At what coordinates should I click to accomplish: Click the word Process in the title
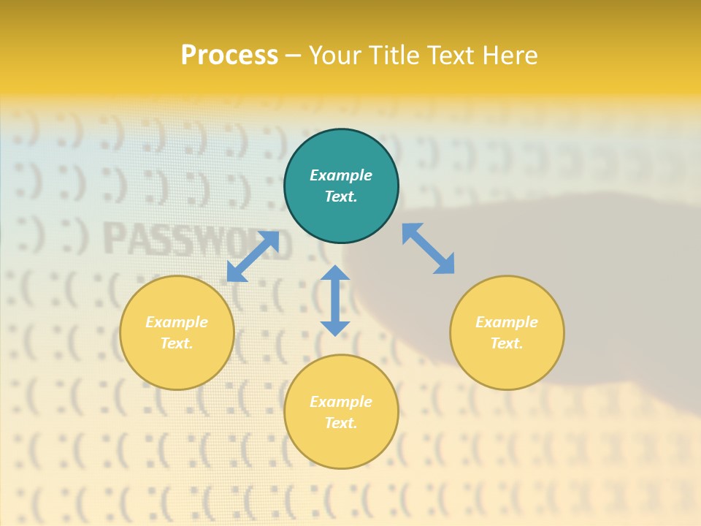pos(229,56)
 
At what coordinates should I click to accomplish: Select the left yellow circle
pos(177,365)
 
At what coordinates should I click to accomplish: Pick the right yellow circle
pos(507,365)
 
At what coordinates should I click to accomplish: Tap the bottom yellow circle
pos(341,446)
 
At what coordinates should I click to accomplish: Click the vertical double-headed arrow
pos(335,300)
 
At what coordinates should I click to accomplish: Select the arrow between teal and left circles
pos(253,256)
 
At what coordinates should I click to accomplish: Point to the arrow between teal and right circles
pos(428,249)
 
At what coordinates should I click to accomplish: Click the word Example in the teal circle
pos(341,175)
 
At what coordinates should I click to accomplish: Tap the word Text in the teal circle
pos(341,197)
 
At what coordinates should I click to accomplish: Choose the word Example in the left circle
pos(177,322)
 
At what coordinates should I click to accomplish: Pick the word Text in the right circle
pos(507,343)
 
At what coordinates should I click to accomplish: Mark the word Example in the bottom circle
pos(341,402)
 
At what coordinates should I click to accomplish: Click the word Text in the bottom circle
pos(341,423)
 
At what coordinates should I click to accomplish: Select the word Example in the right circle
pos(507,322)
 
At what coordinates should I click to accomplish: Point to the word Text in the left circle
pos(177,343)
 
